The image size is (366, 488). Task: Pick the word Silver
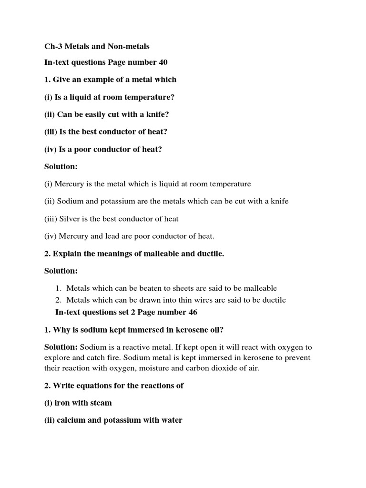click(66, 219)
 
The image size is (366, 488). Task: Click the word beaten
click(147, 288)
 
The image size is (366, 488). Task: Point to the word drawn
click(146, 300)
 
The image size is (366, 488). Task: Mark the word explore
click(56, 358)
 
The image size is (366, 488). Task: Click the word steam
click(100, 403)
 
